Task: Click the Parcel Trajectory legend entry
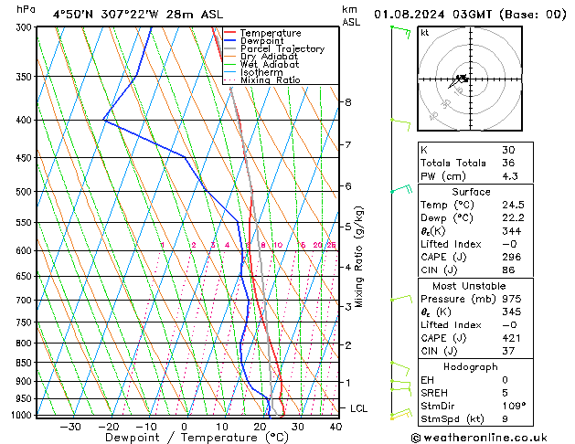pyautogui.click(x=282, y=49)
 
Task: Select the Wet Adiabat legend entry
pyautogui.click(x=271, y=64)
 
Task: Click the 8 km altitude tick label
pyautogui.click(x=347, y=101)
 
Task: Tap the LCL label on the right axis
pyautogui.click(x=358, y=408)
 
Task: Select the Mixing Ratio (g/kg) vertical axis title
pyautogui.click(x=359, y=257)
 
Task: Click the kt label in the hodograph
pyautogui.click(x=425, y=33)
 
